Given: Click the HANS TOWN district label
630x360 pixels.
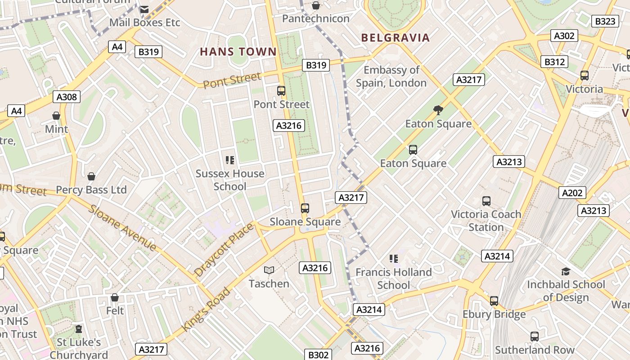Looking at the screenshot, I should coord(238,52).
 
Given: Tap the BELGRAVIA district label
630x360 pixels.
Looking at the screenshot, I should coord(396,38).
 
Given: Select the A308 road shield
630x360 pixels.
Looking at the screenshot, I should coord(67,97).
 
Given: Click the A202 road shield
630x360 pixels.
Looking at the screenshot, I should coord(572,193).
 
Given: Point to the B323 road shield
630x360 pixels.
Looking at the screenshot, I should coord(605,21).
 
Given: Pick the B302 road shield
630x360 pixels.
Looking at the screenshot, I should coord(318,355).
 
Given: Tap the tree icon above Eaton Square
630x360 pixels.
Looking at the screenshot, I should coord(437,110).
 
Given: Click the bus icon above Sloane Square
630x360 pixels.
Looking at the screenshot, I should coord(305,208).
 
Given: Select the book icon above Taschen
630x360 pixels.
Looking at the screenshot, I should coord(269,270).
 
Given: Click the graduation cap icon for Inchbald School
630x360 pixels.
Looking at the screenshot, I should coord(566,271).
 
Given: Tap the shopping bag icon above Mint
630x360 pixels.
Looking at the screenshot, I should coord(56,116).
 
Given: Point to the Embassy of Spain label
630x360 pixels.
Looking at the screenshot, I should coord(391,76).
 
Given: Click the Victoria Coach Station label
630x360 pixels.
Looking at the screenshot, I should coord(486,220).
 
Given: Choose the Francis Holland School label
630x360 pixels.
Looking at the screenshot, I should coord(394,279).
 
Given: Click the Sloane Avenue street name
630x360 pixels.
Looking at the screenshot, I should coord(122,228).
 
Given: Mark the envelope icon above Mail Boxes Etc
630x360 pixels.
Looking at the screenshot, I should coord(144,9).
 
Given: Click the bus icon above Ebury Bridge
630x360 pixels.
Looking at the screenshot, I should coord(494,301).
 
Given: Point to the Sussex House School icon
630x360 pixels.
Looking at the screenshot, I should coord(230,160).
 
